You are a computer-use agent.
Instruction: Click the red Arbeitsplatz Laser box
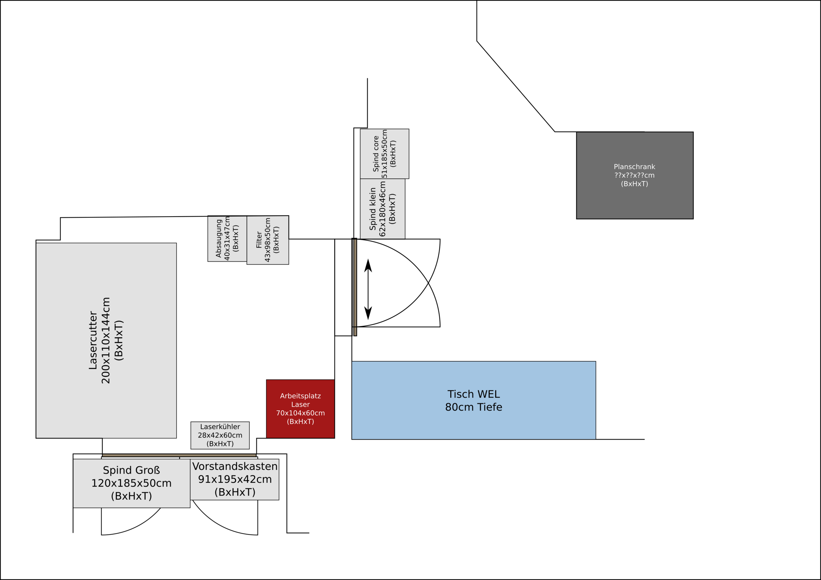click(300, 409)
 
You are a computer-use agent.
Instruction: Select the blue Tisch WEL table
click(474, 400)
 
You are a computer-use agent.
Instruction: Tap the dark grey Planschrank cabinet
click(635, 175)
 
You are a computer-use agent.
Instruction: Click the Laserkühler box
click(220, 435)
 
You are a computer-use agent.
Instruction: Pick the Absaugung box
click(227, 238)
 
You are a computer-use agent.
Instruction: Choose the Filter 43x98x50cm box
click(267, 240)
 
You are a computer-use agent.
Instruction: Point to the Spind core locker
click(385, 154)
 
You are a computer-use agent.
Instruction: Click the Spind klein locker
click(383, 209)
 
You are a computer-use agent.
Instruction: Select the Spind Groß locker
click(131, 483)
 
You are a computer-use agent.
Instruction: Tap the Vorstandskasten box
click(234, 479)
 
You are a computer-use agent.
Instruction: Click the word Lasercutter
click(93, 340)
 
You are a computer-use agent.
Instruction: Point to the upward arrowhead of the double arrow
click(368, 265)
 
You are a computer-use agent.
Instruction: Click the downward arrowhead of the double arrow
click(368, 313)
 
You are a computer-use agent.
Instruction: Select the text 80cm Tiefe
click(474, 407)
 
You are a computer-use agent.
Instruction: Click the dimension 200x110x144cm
click(106, 340)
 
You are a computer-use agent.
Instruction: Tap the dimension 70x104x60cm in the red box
click(300, 413)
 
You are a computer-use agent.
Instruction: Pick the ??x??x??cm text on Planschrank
click(634, 175)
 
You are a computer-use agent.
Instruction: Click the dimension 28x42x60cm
click(220, 435)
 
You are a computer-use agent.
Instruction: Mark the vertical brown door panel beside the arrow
click(355, 287)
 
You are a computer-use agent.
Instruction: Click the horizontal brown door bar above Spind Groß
click(179, 455)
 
